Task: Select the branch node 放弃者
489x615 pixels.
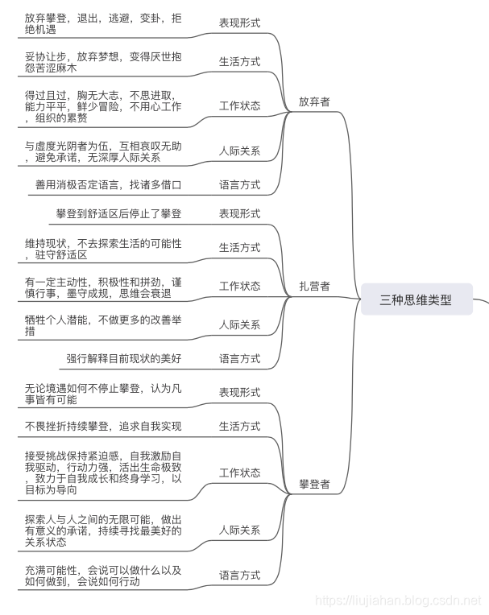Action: coord(314,102)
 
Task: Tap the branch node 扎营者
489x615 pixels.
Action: coord(314,286)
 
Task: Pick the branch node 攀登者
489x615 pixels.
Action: coord(314,485)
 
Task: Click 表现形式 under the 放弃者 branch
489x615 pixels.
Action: coord(240,23)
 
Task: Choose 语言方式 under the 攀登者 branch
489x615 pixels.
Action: coord(240,575)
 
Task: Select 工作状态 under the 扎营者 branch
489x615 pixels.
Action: coord(240,286)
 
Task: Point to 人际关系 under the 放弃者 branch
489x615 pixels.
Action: coord(240,151)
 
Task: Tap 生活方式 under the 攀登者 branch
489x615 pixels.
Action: coord(240,426)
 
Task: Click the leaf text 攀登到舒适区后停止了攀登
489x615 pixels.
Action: coord(118,213)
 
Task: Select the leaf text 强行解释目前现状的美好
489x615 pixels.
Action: coord(123,358)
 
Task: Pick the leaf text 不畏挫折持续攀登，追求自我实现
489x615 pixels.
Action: coord(103,426)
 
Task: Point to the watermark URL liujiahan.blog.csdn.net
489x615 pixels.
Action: coord(398,601)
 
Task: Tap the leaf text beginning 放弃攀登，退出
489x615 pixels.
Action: coord(103,23)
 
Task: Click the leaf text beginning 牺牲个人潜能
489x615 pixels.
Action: coord(103,324)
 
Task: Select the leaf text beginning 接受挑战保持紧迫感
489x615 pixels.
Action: coord(103,473)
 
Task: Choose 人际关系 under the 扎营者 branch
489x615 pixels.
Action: coord(240,324)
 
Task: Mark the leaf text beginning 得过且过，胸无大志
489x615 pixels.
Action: coord(103,106)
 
